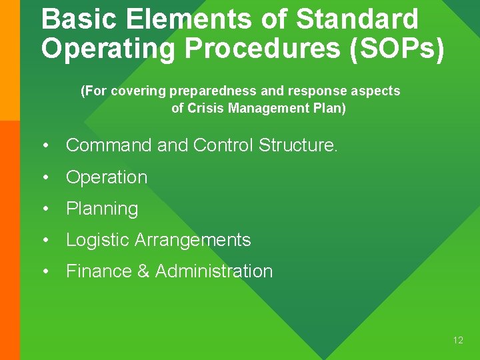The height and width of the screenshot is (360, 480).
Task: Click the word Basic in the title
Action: click(x=79, y=19)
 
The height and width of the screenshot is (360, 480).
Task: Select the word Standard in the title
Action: click(x=357, y=19)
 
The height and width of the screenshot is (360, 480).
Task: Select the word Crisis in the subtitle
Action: click(x=205, y=109)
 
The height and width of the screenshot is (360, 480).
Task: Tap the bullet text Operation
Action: click(x=107, y=177)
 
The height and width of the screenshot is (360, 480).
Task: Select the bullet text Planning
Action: click(x=102, y=209)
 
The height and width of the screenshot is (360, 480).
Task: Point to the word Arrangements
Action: click(x=193, y=240)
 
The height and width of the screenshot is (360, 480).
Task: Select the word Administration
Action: click(x=214, y=271)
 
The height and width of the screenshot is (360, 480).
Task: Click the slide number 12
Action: click(x=458, y=341)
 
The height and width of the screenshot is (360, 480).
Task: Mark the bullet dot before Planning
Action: click(x=45, y=209)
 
